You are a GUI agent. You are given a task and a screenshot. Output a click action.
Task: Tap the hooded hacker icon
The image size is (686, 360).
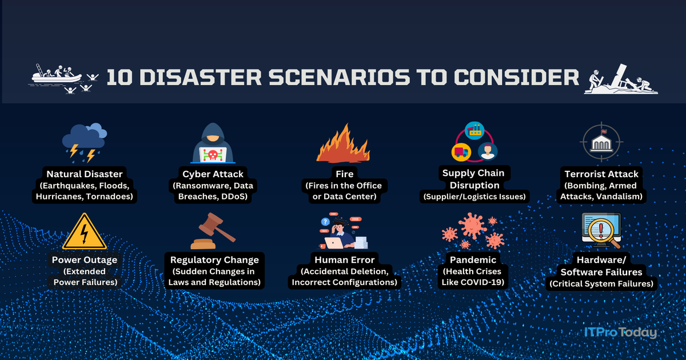[213, 143]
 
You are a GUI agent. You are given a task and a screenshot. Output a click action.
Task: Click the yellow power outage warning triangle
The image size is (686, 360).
[85, 231]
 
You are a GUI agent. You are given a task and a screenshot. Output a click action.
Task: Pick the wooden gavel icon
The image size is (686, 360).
[213, 231]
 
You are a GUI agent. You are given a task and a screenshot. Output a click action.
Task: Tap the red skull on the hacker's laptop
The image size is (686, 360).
[213, 154]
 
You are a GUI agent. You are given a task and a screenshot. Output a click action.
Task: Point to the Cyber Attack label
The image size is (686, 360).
[213, 174]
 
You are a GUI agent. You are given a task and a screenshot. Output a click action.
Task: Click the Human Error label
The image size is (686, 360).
[344, 260]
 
